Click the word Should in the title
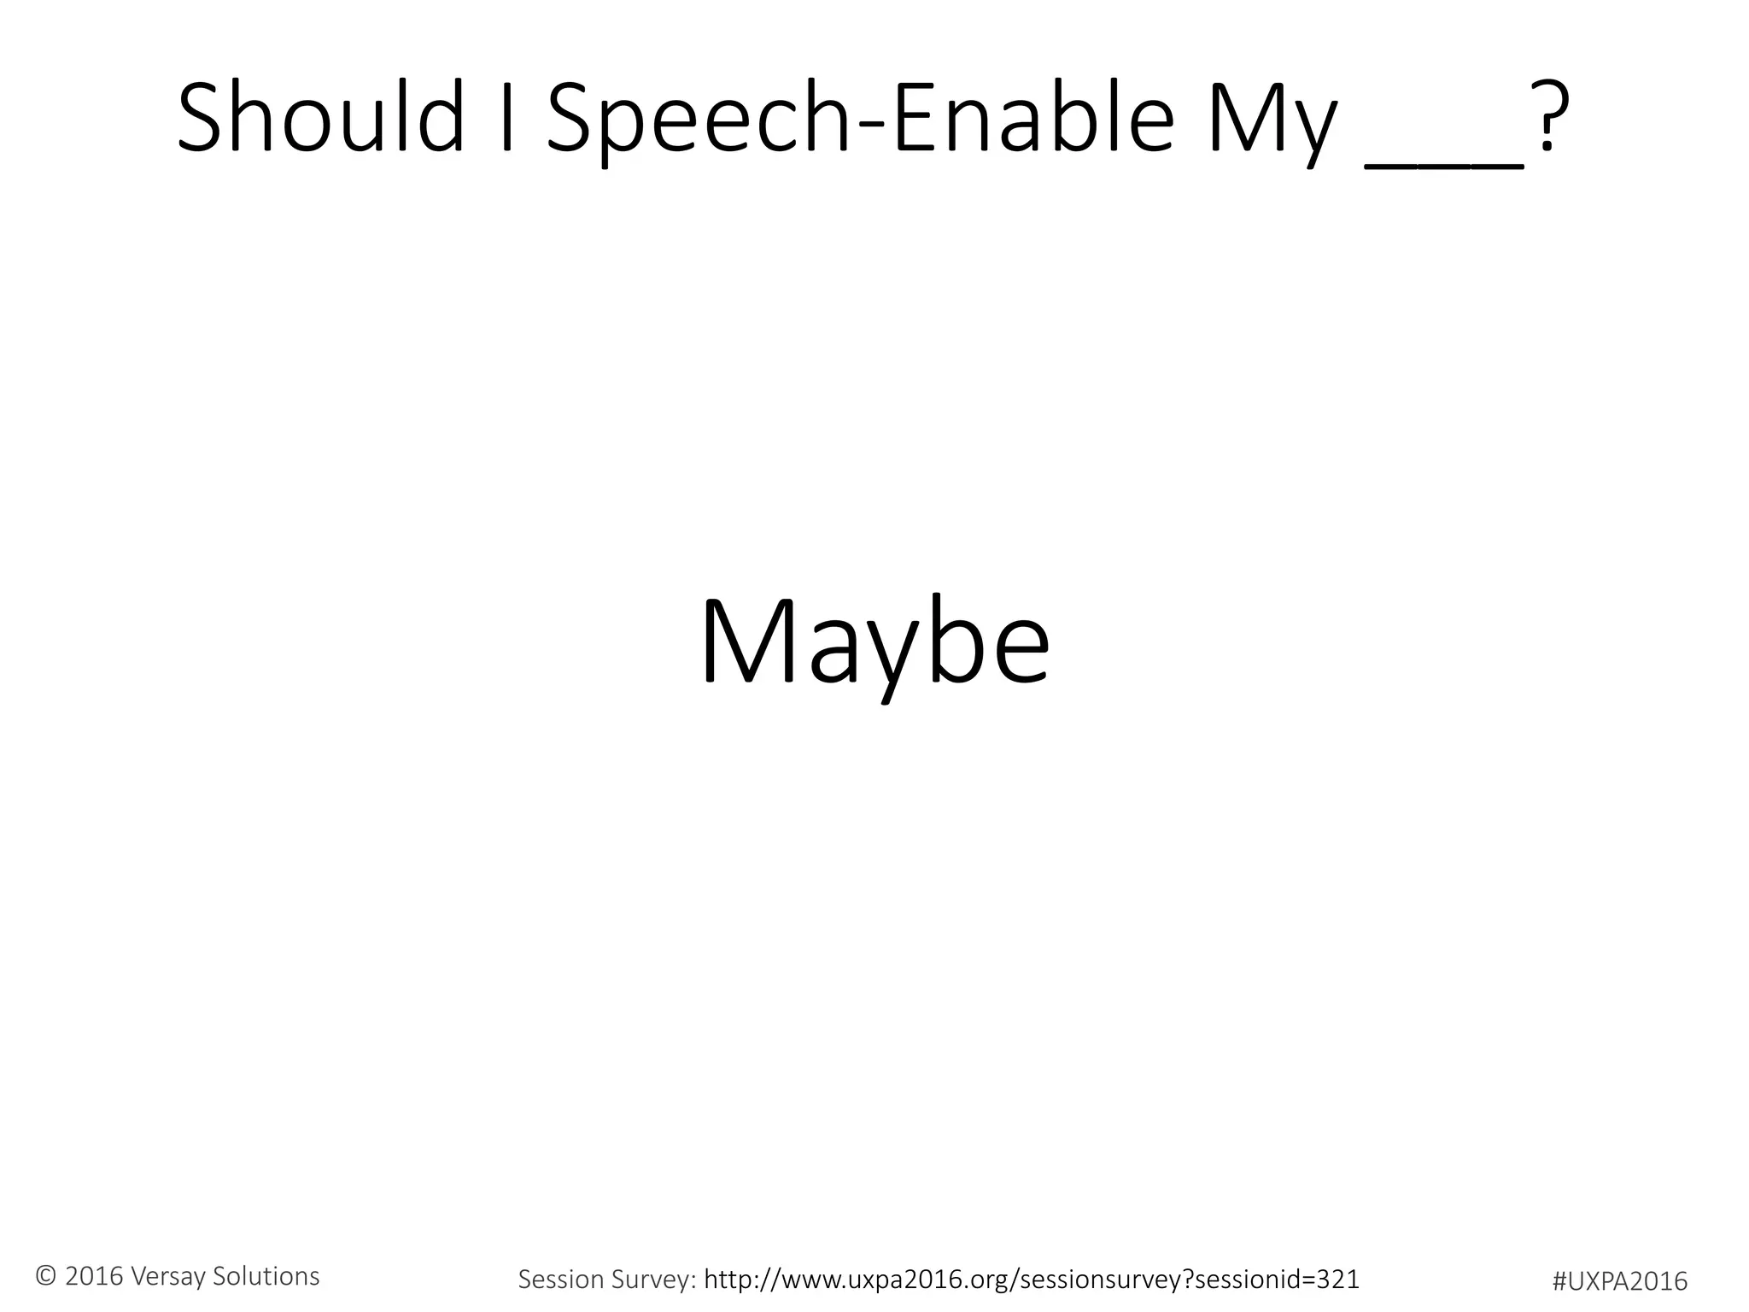tap(320, 118)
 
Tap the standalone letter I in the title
tap(507, 118)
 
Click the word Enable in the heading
tap(1033, 118)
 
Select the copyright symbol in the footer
tap(46, 1276)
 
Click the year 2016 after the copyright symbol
tap(94, 1276)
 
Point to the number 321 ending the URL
tap(1337, 1280)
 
